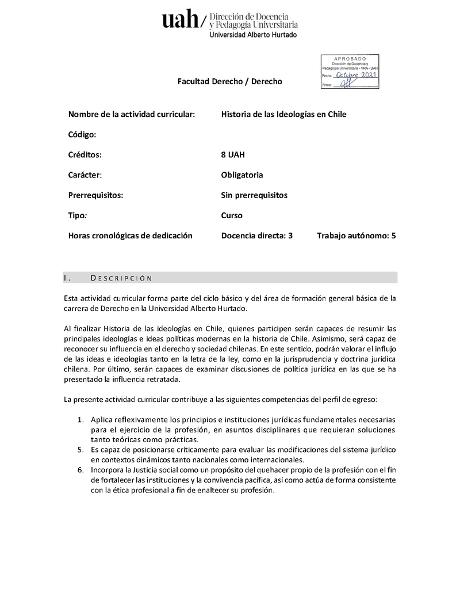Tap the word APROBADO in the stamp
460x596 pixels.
350,59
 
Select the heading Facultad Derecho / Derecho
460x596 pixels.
229,82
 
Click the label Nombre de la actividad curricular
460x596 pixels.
132,114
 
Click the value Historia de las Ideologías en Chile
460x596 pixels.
283,114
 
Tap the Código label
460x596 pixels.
82,134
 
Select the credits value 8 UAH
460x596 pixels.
233,154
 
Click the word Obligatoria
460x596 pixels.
242,174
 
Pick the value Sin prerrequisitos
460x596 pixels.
254,195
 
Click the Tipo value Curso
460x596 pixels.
232,215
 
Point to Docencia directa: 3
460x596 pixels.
256,236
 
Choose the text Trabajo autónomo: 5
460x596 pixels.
356,236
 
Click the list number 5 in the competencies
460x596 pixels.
81,450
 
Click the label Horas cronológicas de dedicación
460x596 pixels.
130,236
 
